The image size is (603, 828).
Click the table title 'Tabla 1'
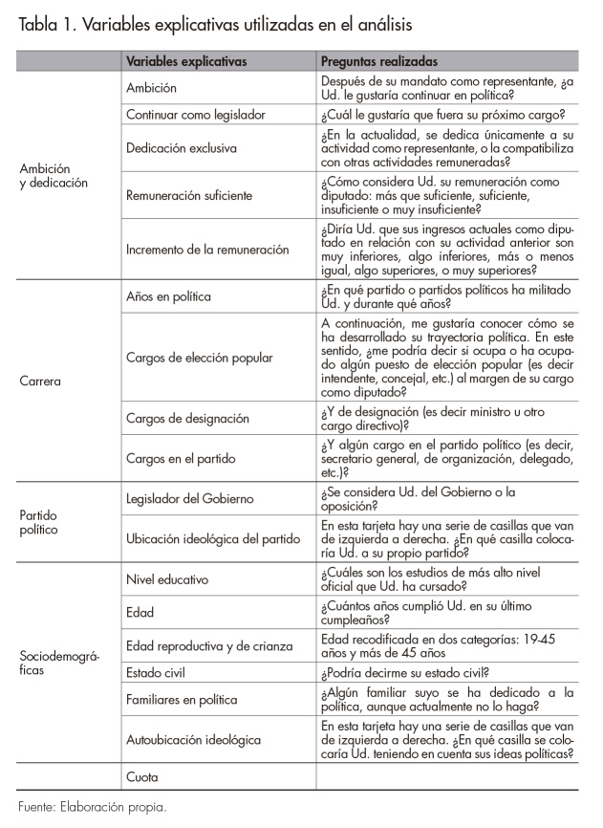coord(48,22)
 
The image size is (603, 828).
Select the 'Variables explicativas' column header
coord(186,61)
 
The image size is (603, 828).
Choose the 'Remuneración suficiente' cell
coord(189,195)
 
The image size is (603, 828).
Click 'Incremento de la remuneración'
coord(207,250)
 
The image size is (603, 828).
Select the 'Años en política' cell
coord(168,297)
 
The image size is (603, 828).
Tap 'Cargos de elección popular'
coord(199,359)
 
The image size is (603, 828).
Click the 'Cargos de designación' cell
coord(187,418)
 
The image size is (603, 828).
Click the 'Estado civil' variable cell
coord(158,673)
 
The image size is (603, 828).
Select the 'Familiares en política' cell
coord(182,700)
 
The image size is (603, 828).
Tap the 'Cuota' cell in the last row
coord(142,777)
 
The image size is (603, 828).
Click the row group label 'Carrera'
coord(40,381)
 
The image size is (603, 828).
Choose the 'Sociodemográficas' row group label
coord(55,663)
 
